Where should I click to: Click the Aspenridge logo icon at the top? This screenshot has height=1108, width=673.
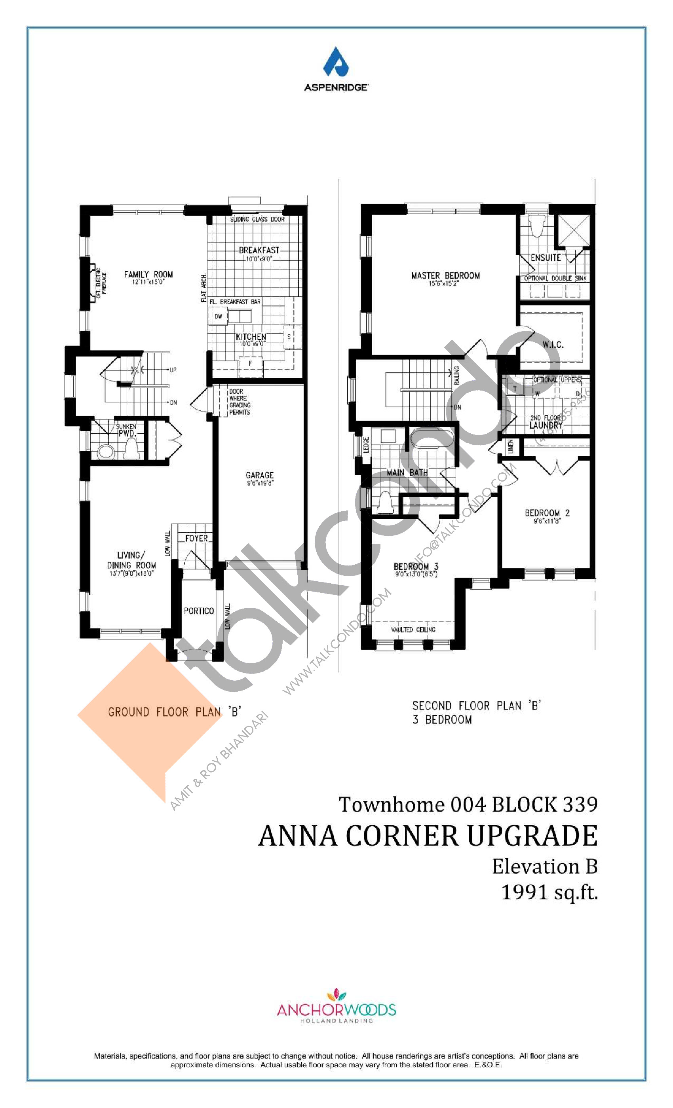336,63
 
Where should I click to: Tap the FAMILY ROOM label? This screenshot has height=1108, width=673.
148,274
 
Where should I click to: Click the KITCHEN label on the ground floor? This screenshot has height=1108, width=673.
251,337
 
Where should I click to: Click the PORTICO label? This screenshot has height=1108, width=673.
198,611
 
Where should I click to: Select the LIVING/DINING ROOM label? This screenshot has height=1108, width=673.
131,560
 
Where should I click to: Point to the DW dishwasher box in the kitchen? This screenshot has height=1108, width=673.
218,316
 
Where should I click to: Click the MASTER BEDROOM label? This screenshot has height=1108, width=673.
445,275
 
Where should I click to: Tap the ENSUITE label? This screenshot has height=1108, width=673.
545,258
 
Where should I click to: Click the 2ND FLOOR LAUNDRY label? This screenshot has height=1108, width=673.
545,422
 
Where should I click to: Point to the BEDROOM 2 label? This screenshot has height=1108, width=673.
547,512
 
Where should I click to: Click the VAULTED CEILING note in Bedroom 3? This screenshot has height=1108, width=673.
413,630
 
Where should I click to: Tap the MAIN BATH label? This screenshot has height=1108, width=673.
407,472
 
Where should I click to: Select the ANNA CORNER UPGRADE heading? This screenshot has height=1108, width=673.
428,836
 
